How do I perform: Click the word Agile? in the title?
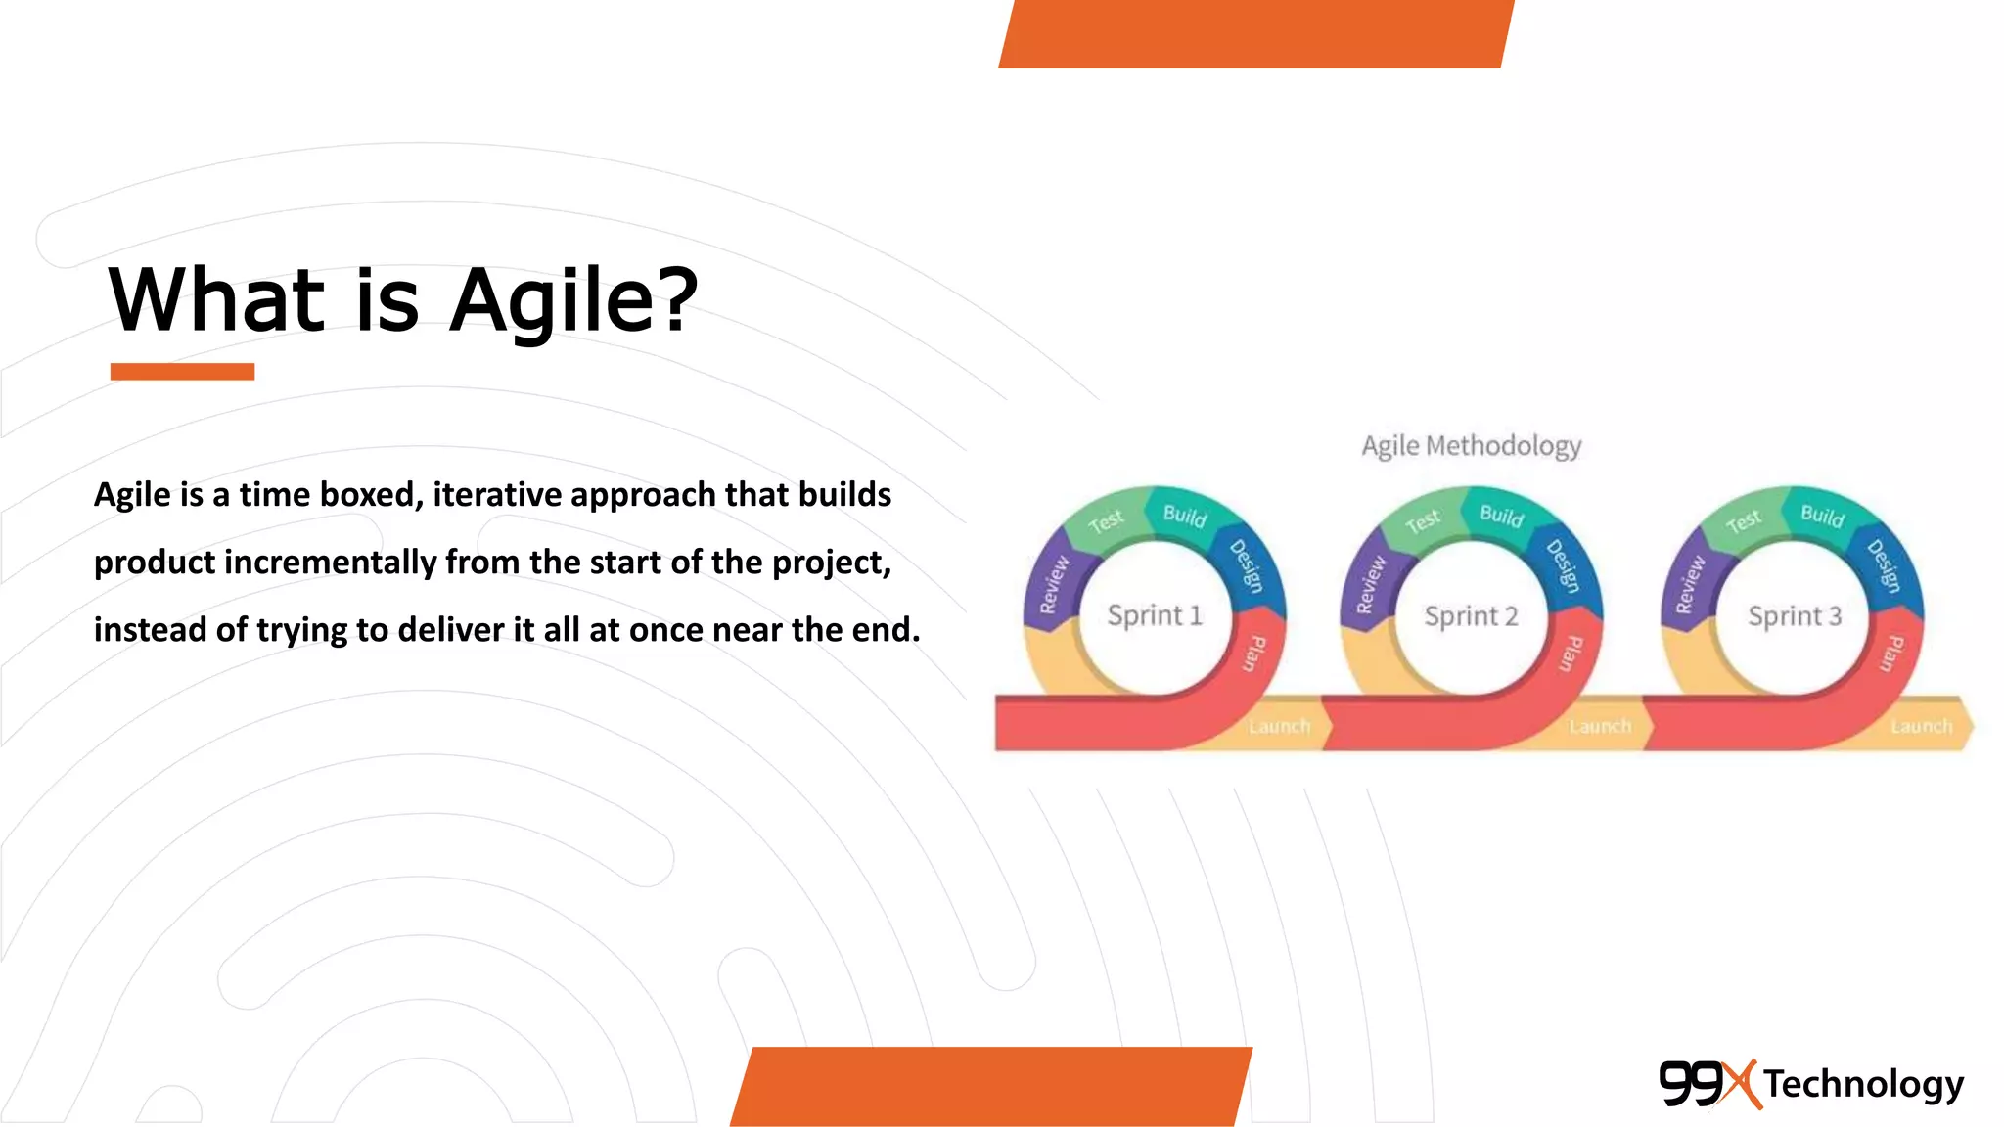[x=573, y=301]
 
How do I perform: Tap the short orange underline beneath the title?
[x=182, y=372]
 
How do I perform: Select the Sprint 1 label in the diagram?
[x=1154, y=615]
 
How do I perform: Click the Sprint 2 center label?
[x=1471, y=616]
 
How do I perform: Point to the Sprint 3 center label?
[x=1795, y=616]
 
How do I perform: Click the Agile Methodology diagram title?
[x=1471, y=446]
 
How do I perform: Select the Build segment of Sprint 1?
[x=1185, y=516]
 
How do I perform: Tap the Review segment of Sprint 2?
[x=1371, y=584]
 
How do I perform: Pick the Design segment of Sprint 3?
[x=1884, y=565]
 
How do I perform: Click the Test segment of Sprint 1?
[x=1106, y=521]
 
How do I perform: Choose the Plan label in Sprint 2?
[x=1570, y=654]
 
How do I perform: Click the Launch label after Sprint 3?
[x=1921, y=726]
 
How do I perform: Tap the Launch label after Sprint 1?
[x=1279, y=726]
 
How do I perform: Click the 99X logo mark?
[x=1708, y=1084]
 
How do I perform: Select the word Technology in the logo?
[x=1864, y=1084]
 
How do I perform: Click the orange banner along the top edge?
[x=1255, y=33]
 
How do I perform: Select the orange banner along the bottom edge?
[x=991, y=1086]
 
